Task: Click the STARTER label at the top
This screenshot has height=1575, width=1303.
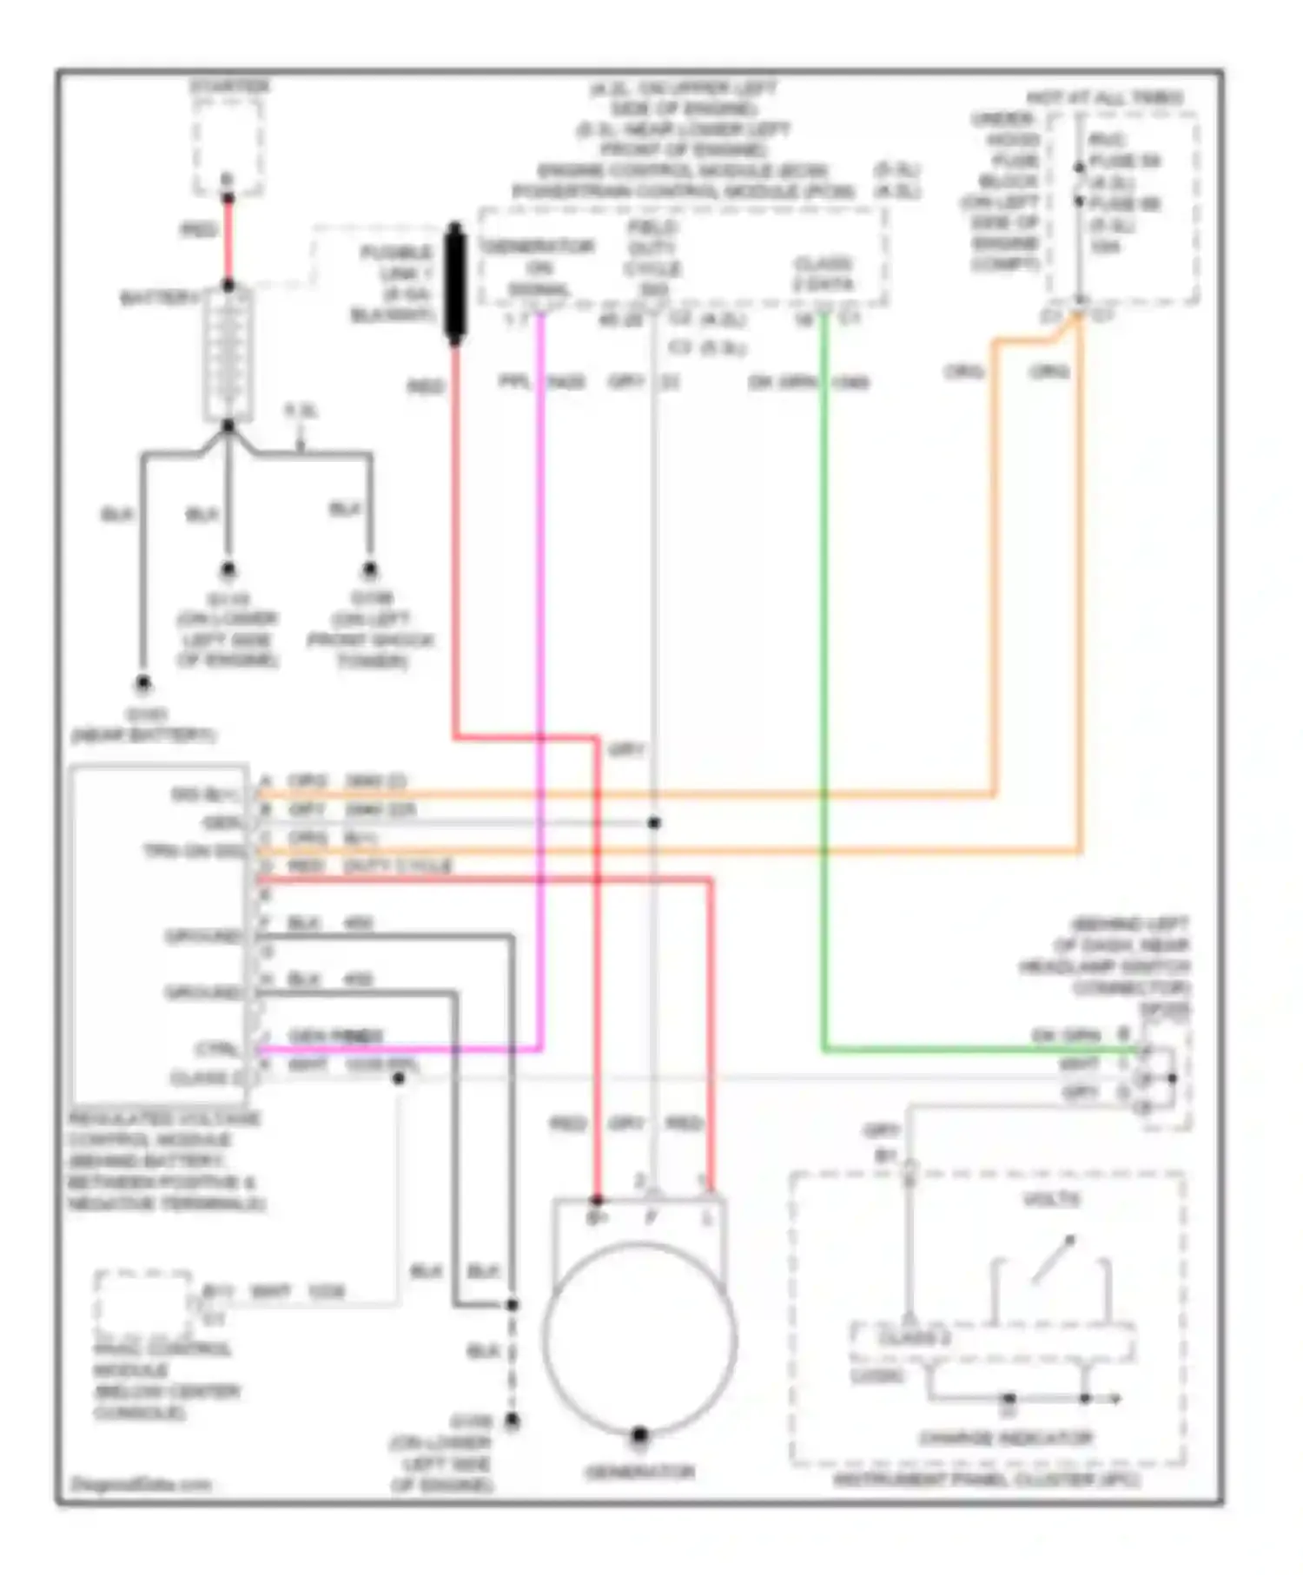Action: pyautogui.click(x=229, y=86)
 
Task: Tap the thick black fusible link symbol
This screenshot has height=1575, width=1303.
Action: pyautogui.click(x=454, y=282)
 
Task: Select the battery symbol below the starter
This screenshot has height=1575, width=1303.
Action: pyautogui.click(x=228, y=356)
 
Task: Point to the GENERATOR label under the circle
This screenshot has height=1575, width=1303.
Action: pyautogui.click(x=640, y=1472)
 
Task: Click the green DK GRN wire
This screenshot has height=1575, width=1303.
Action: pyautogui.click(x=823, y=695)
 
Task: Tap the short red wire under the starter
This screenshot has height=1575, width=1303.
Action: pyautogui.click(x=228, y=239)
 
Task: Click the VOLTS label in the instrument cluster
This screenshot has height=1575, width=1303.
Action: pyautogui.click(x=1051, y=1200)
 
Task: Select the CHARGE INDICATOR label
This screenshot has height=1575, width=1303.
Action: pyautogui.click(x=1005, y=1439)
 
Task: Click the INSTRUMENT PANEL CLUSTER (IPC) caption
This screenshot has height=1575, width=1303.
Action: pyautogui.click(x=986, y=1479)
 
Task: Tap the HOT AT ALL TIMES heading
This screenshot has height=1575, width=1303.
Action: pyautogui.click(x=1104, y=97)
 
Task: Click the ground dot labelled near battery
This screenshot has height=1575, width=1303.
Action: pyautogui.click(x=143, y=684)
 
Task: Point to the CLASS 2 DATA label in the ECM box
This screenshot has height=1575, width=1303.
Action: pyautogui.click(x=822, y=273)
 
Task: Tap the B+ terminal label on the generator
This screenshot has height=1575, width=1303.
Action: pyautogui.click(x=597, y=1218)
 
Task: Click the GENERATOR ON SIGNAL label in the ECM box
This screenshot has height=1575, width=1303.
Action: pyautogui.click(x=539, y=267)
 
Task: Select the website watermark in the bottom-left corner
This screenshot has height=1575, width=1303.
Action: pyautogui.click(x=140, y=1484)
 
